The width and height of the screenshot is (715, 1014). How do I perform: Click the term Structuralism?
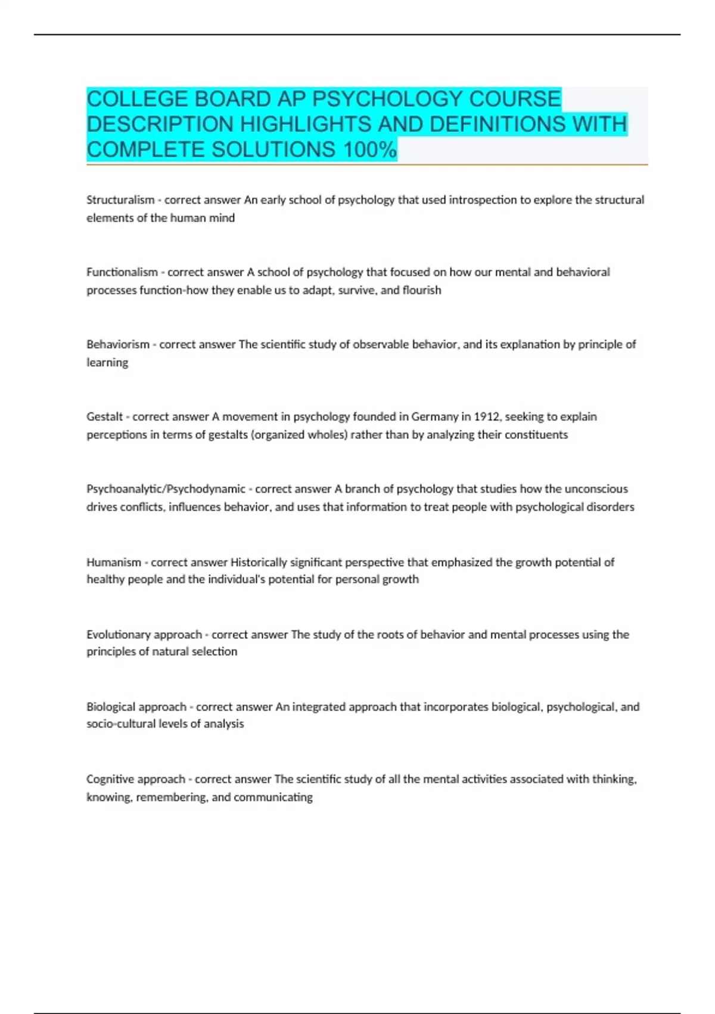120,200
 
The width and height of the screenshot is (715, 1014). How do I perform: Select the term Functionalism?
122,272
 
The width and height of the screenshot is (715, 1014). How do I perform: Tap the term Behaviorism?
118,344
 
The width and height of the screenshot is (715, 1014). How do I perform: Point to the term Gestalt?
104,416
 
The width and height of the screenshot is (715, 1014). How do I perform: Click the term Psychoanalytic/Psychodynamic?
166,489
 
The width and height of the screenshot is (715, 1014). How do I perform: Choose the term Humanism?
114,562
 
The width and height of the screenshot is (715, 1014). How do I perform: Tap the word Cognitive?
109,779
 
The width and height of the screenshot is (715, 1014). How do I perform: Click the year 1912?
487,416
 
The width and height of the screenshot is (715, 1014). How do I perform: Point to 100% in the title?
370,149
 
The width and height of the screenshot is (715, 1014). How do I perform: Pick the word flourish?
422,290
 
